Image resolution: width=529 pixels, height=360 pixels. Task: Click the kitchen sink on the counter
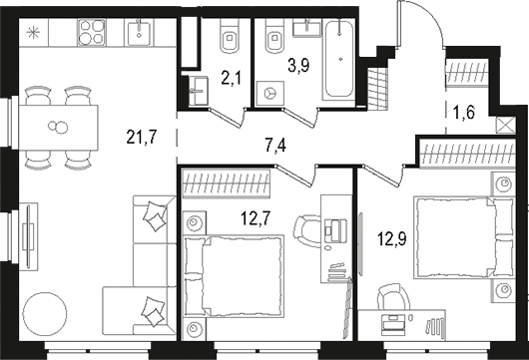tap(139, 32)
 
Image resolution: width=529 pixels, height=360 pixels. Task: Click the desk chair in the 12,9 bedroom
tap(390, 300)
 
